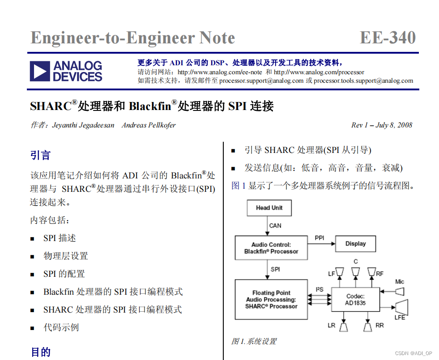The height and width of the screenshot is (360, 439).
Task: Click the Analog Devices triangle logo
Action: click(39, 72)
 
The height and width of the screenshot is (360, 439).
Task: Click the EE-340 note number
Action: click(388, 38)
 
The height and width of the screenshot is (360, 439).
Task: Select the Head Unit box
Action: click(269, 208)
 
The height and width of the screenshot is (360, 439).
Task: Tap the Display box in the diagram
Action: click(355, 244)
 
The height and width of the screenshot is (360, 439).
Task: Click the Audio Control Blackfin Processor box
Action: click(271, 248)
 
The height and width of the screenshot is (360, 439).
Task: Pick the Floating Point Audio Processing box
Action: click(271, 300)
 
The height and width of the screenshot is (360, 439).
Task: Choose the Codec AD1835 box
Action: click(355, 300)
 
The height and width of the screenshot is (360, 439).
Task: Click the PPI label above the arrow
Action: click(320, 238)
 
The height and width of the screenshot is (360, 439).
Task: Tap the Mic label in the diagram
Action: click(399, 282)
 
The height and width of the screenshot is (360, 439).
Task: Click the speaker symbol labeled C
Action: click(355, 272)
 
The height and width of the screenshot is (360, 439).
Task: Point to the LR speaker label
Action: click(331, 326)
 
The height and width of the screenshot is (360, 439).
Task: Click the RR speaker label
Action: click(379, 326)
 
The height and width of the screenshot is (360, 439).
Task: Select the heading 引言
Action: click(40, 156)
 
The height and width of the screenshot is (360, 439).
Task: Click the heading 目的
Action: click(40, 352)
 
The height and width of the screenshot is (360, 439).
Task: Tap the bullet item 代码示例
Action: click(61, 327)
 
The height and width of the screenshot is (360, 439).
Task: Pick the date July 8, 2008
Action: click(394, 125)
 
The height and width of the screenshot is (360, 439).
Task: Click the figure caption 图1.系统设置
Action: click(254, 342)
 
